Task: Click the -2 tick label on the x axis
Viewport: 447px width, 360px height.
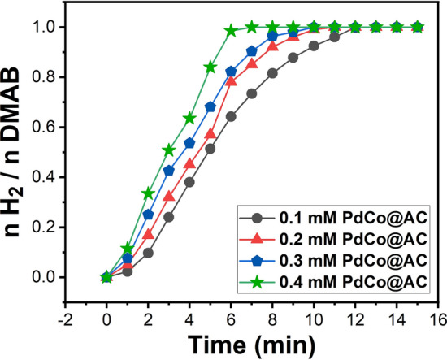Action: (x=65, y=310)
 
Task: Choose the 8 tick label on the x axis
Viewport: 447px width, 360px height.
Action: (x=272, y=310)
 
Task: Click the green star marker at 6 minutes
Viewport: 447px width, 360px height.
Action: (x=231, y=30)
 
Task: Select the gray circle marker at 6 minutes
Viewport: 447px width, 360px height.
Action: (x=231, y=116)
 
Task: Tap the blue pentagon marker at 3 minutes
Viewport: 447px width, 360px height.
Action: (x=169, y=171)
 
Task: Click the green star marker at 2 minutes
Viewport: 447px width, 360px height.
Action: (x=148, y=193)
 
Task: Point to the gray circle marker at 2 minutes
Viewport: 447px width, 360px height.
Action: (x=148, y=253)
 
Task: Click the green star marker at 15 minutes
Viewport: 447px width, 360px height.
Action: (x=418, y=27)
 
